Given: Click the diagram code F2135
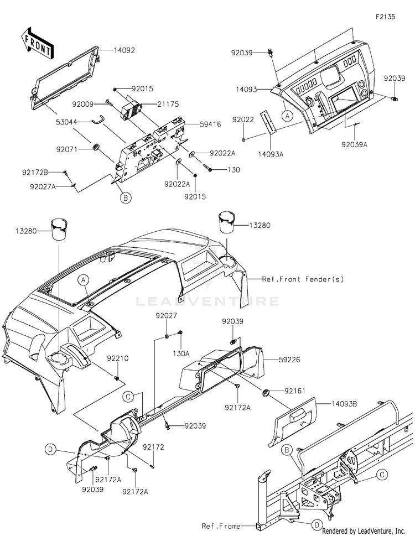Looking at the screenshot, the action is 385,17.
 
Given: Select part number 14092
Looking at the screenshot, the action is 124,50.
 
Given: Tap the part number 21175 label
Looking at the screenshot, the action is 168,104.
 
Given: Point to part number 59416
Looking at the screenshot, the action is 210,124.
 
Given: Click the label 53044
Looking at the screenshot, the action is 68,122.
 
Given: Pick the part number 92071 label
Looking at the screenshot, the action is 68,149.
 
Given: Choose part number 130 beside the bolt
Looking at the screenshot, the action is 234,170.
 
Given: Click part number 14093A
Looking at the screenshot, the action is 271,154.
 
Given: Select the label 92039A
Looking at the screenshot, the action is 355,144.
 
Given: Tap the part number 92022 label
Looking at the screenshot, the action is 243,119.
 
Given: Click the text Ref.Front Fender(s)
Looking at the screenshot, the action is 303,279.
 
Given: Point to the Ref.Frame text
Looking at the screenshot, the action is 221,526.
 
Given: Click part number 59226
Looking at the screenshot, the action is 289,360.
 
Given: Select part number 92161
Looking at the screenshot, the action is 294,391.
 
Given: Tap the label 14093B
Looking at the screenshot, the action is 344,404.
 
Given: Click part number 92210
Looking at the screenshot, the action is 118,358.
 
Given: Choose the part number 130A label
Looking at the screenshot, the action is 181,353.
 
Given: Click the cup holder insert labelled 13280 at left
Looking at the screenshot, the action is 59,229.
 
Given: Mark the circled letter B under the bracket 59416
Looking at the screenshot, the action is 126,197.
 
